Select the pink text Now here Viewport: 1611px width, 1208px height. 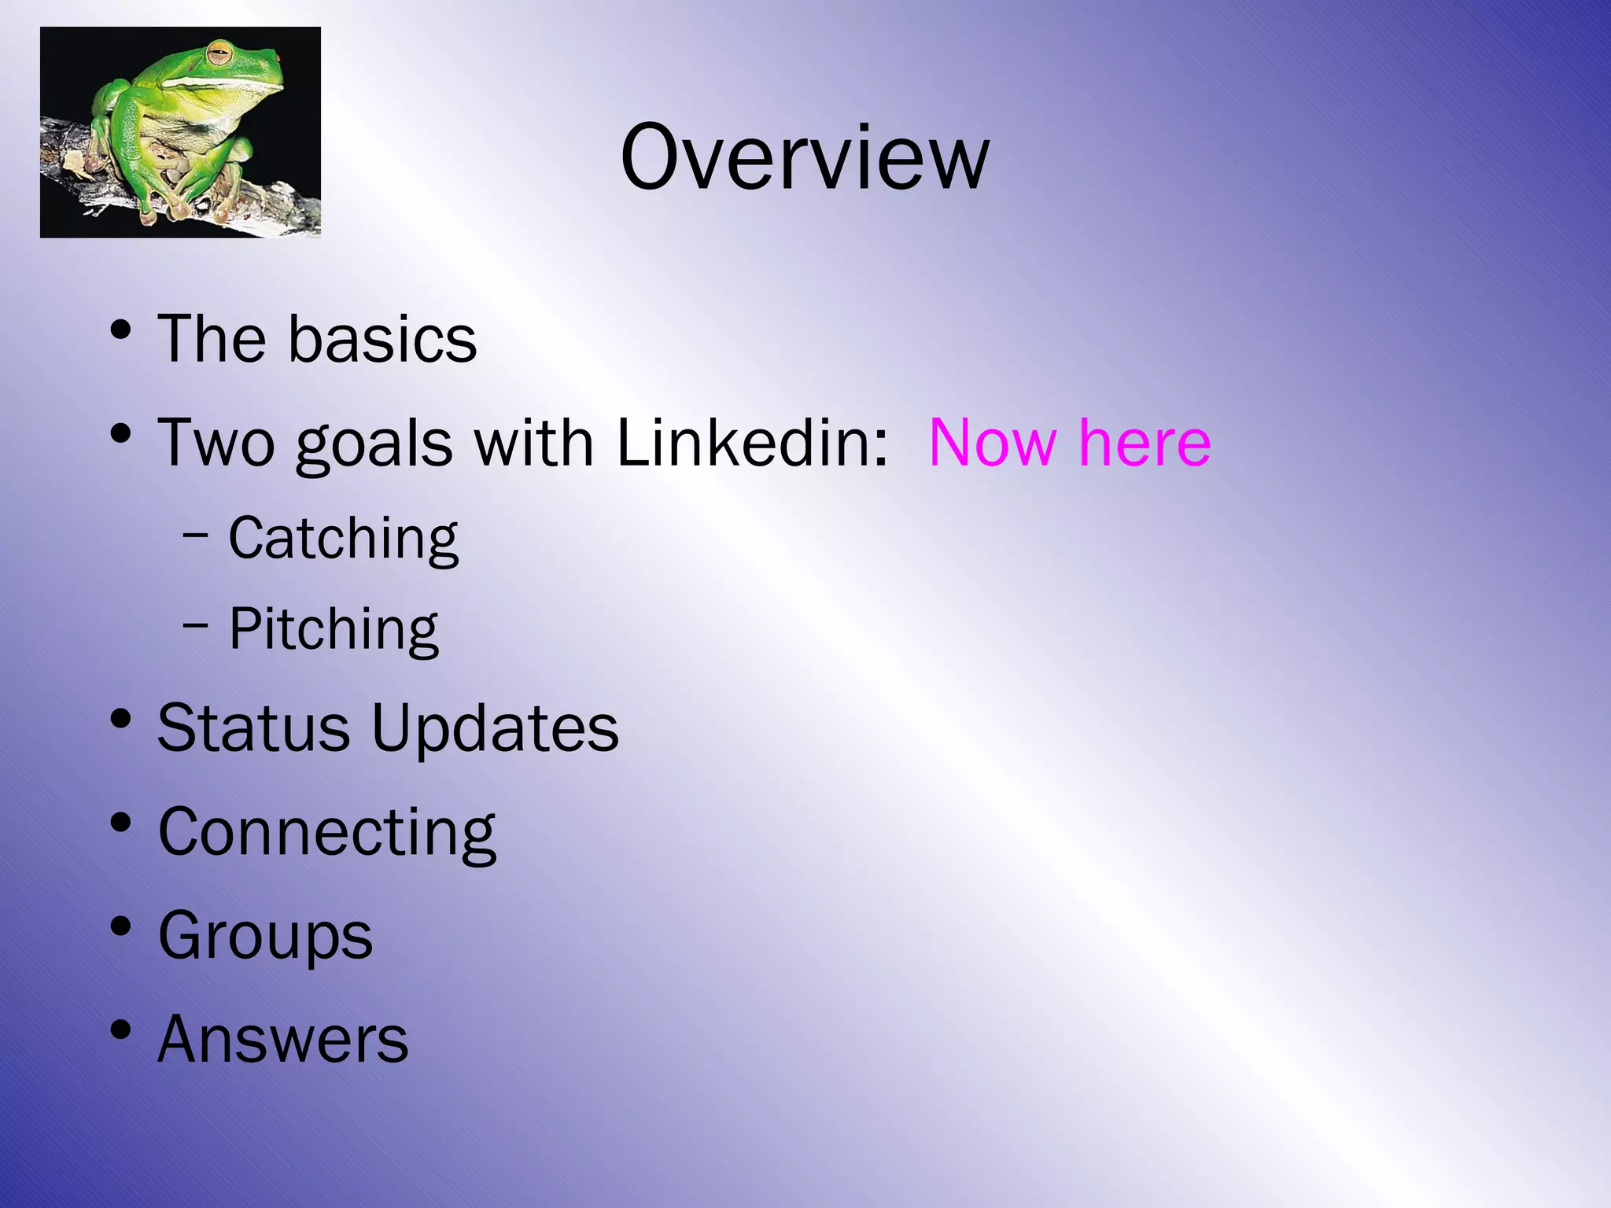[x=1070, y=443]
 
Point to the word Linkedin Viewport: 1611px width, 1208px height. [x=752, y=443]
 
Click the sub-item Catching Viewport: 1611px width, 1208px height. [x=343, y=539]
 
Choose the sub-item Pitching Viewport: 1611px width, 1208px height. [x=334, y=629]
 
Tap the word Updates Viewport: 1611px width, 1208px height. [x=495, y=729]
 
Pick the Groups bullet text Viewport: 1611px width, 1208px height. [x=265, y=936]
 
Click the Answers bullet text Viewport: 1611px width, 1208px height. [x=283, y=1040]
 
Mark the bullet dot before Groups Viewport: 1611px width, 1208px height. [x=120, y=926]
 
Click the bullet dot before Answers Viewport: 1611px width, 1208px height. [x=120, y=1029]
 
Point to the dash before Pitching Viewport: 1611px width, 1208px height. [x=195, y=627]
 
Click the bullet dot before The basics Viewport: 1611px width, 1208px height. [x=120, y=330]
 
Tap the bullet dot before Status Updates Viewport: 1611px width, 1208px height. [x=120, y=718]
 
